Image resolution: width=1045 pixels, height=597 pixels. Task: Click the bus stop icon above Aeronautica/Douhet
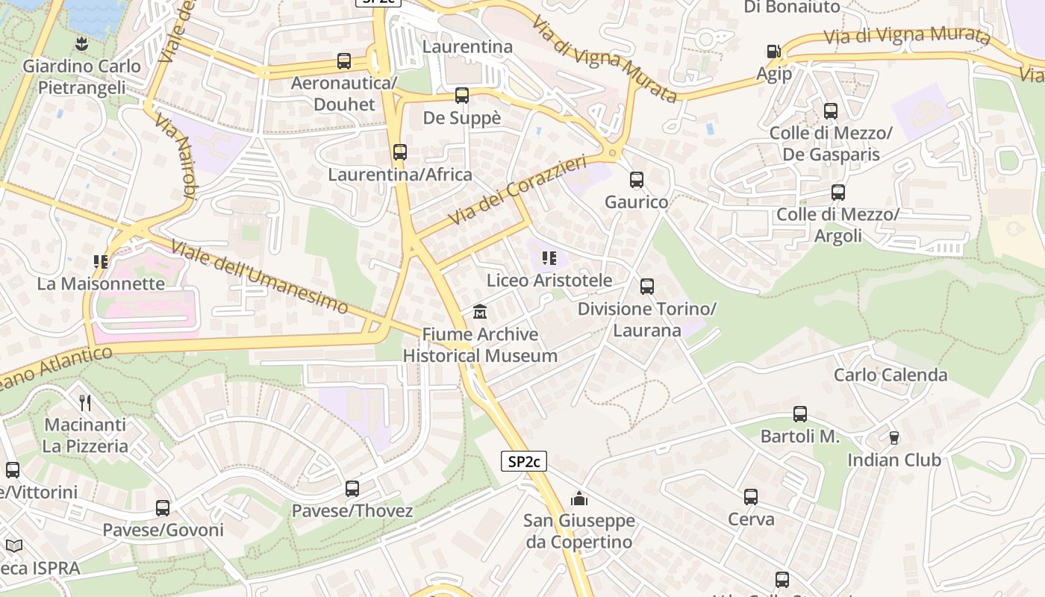coord(344,61)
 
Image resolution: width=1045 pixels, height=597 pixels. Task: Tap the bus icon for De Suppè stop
coord(462,96)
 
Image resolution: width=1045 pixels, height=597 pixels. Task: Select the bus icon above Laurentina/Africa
coord(400,152)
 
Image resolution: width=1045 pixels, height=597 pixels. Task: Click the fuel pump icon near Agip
coord(774,51)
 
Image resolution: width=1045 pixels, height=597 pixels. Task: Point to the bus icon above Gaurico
coord(636,180)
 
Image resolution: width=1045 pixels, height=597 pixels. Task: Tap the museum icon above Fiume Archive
coord(480,311)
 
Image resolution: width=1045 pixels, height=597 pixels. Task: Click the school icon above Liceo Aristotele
coord(549,258)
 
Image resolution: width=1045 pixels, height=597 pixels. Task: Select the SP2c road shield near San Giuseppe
coord(523,462)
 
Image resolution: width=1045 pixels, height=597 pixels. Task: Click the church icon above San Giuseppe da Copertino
coord(579,498)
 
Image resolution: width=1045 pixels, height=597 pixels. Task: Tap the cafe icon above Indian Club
coord(893,437)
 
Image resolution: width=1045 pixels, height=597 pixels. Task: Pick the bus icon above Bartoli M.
coord(800,414)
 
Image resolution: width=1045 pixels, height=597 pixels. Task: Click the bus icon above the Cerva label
coord(751,497)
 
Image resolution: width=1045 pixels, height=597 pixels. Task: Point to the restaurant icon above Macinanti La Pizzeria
coord(85,403)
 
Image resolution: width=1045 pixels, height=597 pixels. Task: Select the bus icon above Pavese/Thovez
coord(352,489)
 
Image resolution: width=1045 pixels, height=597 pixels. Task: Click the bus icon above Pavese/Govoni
coord(163,508)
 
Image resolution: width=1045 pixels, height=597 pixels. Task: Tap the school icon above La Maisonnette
coord(101,261)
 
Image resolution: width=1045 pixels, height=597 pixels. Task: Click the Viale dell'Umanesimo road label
coord(260,277)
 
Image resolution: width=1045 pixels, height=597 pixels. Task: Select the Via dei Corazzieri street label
coord(518,190)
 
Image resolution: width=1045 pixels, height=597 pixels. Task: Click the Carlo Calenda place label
coord(890,375)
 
